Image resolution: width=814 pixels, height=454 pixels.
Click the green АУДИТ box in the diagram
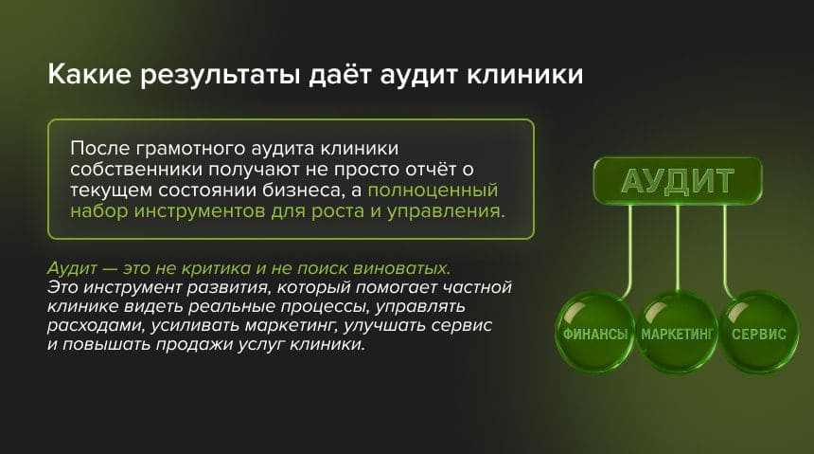(677, 180)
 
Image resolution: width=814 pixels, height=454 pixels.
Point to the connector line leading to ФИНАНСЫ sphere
(628, 246)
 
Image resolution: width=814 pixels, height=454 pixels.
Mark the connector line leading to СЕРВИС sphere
(725, 246)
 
